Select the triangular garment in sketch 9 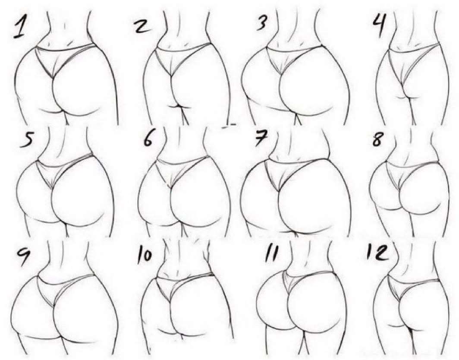(x=59, y=286)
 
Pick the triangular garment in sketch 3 (x=286, y=57)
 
